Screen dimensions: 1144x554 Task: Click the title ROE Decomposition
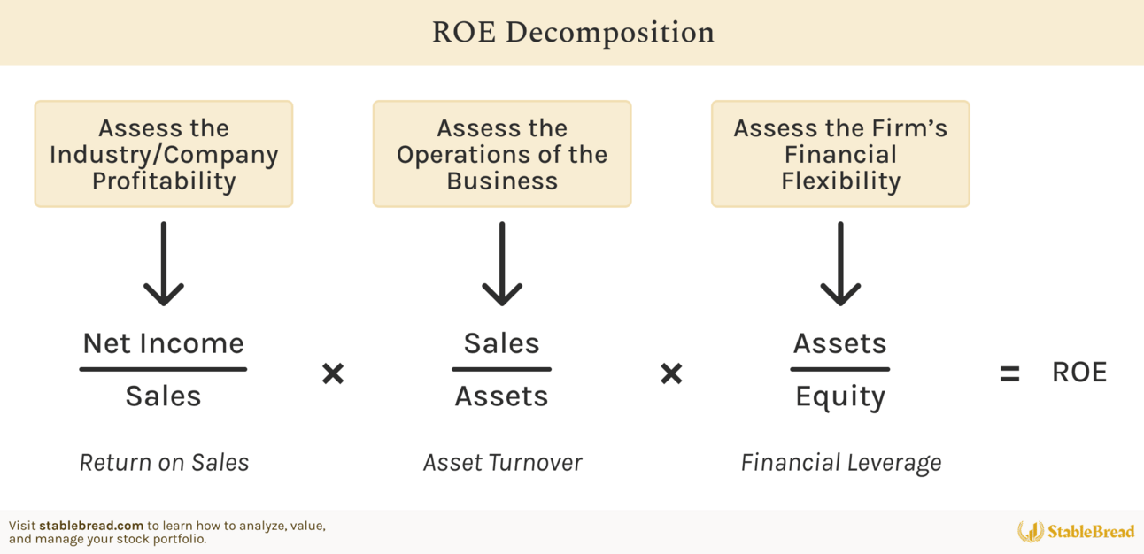pos(573,32)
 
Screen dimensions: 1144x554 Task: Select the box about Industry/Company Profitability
pos(164,154)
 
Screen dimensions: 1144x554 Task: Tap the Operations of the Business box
pos(502,154)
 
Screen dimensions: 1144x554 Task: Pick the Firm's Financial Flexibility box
pos(840,154)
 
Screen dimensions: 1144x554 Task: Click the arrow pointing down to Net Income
pos(164,264)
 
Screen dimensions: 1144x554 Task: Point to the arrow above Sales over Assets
pos(502,264)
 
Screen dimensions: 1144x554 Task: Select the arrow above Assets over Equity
pos(840,264)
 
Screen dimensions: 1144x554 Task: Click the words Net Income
pos(164,343)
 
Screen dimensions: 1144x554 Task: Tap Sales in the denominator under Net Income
pos(164,396)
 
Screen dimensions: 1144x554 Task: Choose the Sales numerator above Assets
pos(501,343)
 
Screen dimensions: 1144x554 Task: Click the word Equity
pos(840,397)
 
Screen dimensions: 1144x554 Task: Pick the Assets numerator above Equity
pos(840,343)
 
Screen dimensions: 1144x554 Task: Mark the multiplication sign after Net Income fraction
pos(333,373)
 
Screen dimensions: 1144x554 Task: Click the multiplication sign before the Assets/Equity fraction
pos(671,373)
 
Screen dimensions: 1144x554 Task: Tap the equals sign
pos(1009,373)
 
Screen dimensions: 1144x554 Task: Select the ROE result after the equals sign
pos(1079,372)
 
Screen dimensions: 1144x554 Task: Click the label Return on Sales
pos(165,463)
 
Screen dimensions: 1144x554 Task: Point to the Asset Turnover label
pos(503,463)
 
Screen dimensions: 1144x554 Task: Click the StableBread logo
pos(1076,532)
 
